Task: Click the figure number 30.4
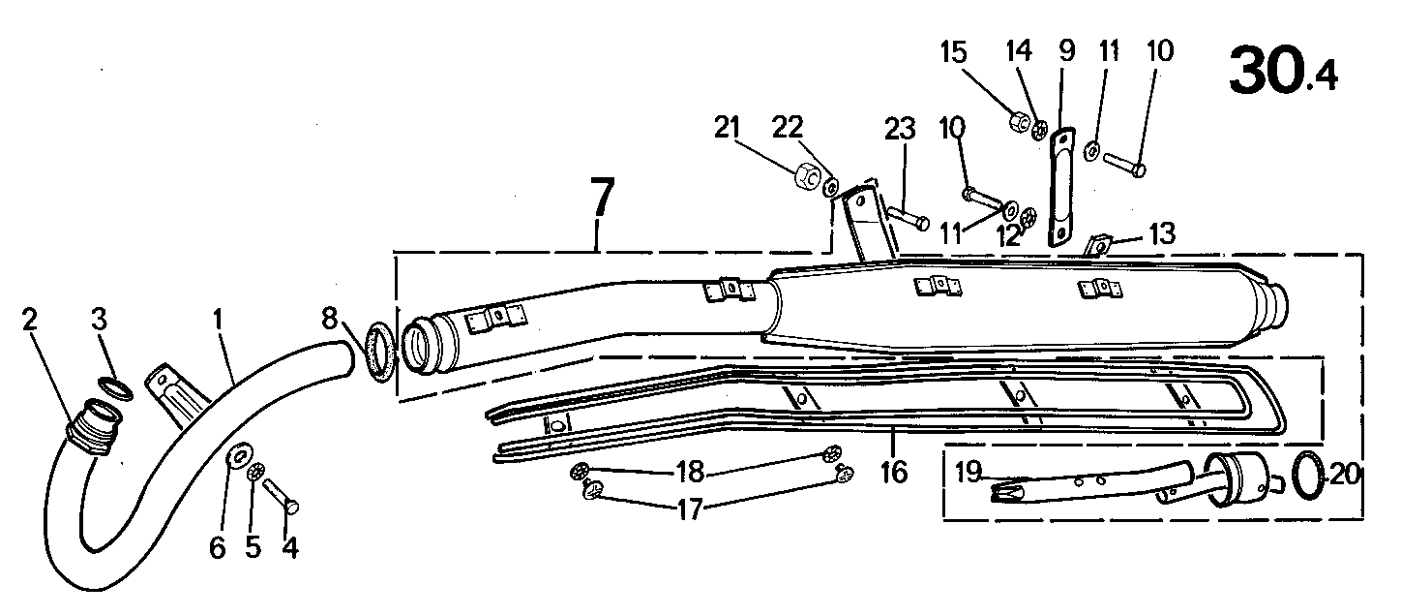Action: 1282,71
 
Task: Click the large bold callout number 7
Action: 603,198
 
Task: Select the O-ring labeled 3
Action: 115,388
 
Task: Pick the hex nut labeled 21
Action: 808,176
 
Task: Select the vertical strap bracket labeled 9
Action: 1060,188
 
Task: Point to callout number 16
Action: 894,473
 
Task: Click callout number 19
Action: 969,472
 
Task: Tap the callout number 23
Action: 900,129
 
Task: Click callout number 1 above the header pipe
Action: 217,320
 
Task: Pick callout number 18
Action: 691,472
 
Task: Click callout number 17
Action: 691,509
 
